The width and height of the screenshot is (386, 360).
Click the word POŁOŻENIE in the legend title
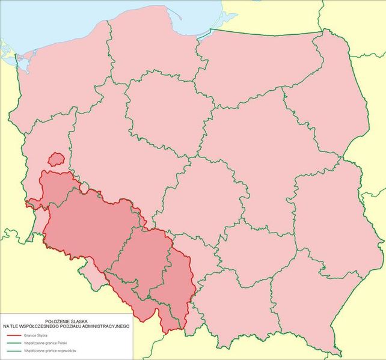click(51, 321)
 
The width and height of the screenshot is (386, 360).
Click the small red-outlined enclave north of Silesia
click(56, 159)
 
